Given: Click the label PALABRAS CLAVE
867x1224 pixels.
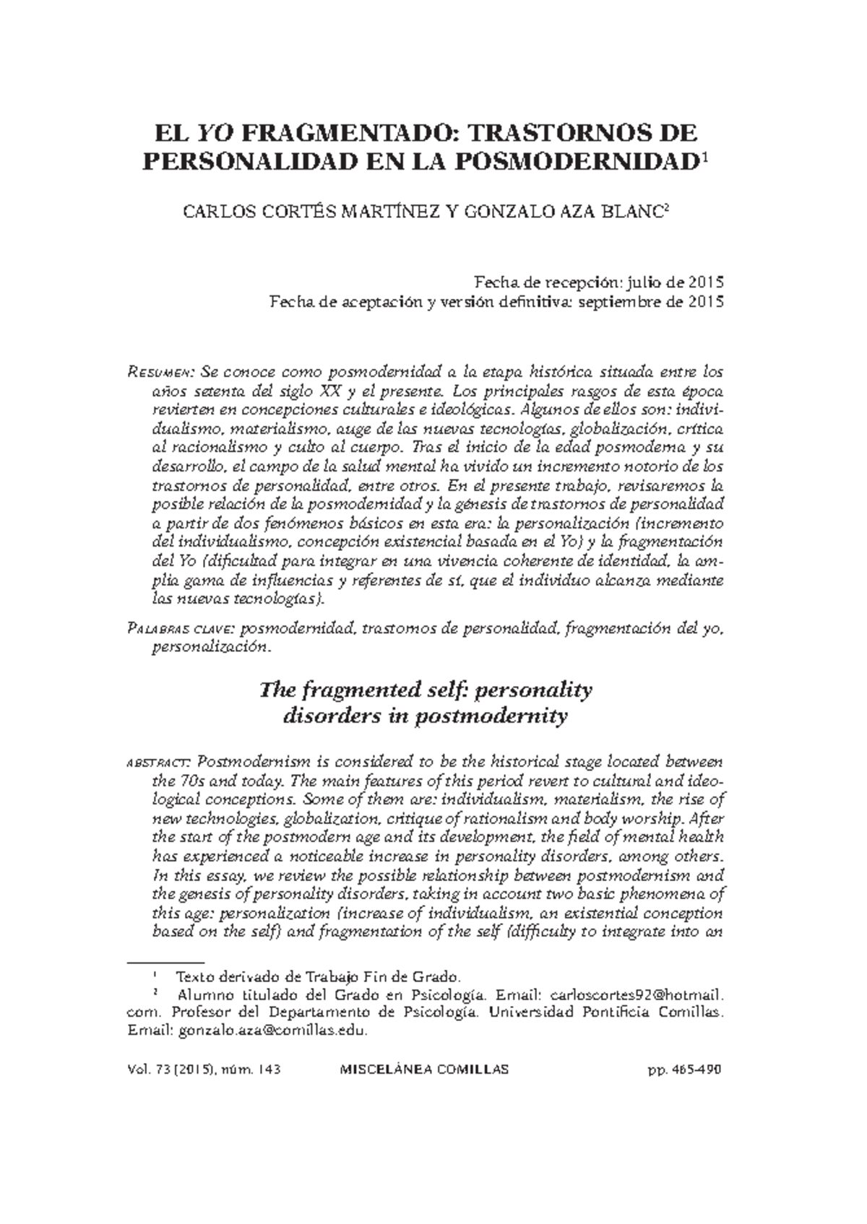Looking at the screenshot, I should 180,630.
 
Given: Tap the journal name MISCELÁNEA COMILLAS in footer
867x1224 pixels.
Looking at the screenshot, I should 424,1069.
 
